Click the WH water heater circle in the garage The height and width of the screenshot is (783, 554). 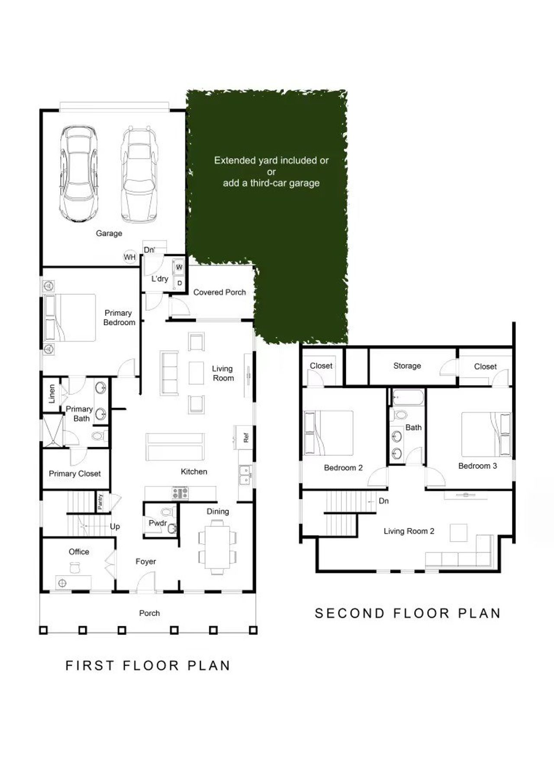tap(130, 257)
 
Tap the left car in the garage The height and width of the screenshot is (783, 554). tap(78, 173)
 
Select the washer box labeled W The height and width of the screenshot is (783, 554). tap(179, 267)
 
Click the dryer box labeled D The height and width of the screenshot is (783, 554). tap(179, 283)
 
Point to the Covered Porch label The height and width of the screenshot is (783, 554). tap(219, 292)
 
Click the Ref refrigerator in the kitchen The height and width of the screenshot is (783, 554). tap(245, 438)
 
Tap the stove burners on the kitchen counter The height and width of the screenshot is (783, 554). tap(180, 493)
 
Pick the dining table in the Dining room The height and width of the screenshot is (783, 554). tap(217, 547)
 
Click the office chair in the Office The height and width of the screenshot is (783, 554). tap(75, 567)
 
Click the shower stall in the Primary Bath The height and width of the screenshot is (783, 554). tap(52, 431)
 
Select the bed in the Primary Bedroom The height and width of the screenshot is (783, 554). tap(70, 318)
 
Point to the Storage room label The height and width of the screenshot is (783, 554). tap(407, 366)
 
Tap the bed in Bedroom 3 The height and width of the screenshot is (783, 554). tap(486, 434)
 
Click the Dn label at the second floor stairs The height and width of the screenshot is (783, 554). tap(383, 501)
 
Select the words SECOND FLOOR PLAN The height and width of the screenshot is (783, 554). tap(407, 613)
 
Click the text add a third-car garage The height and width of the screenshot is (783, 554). tap(271, 183)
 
